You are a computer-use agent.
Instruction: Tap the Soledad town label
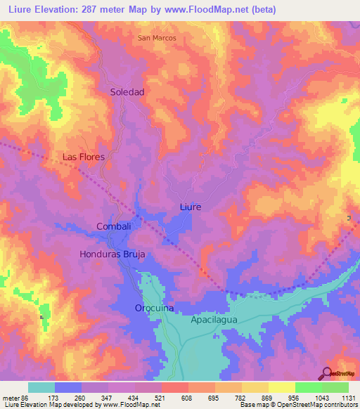(127, 92)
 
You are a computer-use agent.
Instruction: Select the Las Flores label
(84, 157)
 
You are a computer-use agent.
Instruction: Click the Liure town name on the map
(190, 207)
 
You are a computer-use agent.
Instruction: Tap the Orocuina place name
(154, 309)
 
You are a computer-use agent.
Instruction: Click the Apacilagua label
(214, 319)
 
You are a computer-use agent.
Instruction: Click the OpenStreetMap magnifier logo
(327, 373)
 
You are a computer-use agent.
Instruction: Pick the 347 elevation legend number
(108, 398)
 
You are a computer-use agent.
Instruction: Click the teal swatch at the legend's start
(41, 387)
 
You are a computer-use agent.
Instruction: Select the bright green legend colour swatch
(309, 387)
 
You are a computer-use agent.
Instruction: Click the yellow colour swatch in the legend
(282, 387)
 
